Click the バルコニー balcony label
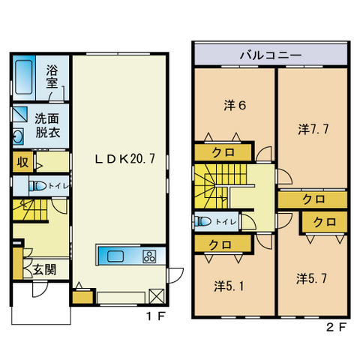pyautogui.click(x=271, y=55)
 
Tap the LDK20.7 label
pyautogui.click(x=125, y=158)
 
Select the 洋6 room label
pyautogui.click(x=235, y=105)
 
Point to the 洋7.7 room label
pyautogui.click(x=313, y=129)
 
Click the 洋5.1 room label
pyautogui.click(x=229, y=286)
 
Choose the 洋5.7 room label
pyautogui.click(x=311, y=278)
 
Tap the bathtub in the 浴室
pyautogui.click(x=24, y=77)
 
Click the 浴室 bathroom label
pyautogui.click(x=52, y=76)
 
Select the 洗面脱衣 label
pyautogui.click(x=47, y=125)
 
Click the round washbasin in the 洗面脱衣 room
pyautogui.click(x=18, y=136)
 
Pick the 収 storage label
pyautogui.click(x=22, y=163)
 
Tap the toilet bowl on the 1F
pyautogui.click(x=37, y=186)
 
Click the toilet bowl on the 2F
pyautogui.click(x=203, y=221)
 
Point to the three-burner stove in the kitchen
pyautogui.click(x=149, y=256)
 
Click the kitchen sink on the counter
pyautogui.click(x=115, y=256)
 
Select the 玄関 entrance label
pyautogui.click(x=45, y=270)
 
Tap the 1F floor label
pyautogui.click(x=155, y=316)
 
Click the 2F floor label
pyautogui.click(x=337, y=328)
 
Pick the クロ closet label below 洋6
pyautogui.click(x=223, y=152)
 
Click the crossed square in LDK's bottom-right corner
pyautogui.click(x=157, y=296)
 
